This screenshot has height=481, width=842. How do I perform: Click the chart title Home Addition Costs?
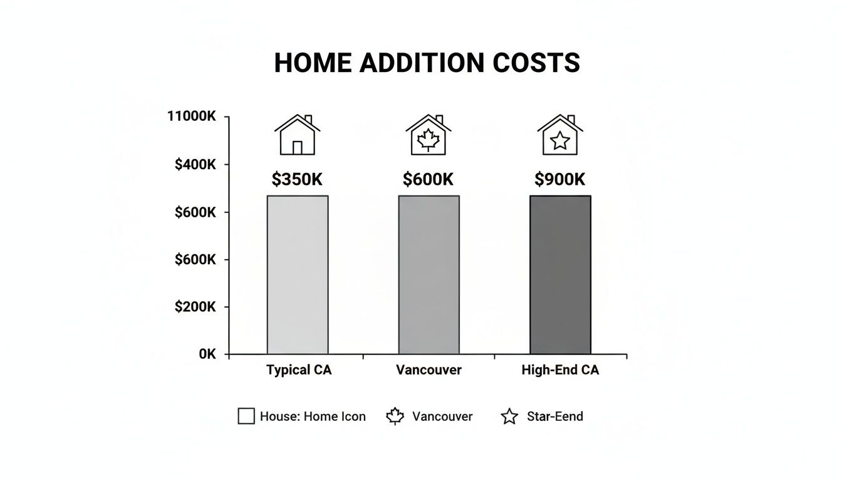pos(427,63)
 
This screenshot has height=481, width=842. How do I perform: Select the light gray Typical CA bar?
pos(298,275)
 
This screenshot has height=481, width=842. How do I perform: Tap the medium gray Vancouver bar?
pos(429,275)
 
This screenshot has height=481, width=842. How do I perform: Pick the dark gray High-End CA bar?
pos(560,275)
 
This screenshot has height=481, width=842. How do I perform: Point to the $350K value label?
pos(297,180)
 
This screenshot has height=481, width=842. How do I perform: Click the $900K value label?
pos(559,180)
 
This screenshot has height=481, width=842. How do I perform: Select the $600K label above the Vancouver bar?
pos(428,180)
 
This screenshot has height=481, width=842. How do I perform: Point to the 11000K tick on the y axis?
pos(192,116)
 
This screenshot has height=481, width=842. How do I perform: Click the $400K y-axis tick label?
pos(195,165)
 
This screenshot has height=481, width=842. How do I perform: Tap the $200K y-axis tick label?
pos(195,307)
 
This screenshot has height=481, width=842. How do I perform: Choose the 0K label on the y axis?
pos(207,354)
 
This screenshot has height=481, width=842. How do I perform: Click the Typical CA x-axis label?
pos(299,370)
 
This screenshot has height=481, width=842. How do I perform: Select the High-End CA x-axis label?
pos(560,370)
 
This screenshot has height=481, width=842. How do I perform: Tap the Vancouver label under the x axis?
pos(429,370)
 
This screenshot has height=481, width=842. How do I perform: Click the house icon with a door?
pos(298,135)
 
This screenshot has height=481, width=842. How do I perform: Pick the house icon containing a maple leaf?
pos(429,135)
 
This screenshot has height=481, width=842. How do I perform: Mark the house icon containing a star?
pos(559,135)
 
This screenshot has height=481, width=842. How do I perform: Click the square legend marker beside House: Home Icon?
pos(246,416)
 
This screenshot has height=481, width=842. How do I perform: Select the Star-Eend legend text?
pos(554,416)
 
